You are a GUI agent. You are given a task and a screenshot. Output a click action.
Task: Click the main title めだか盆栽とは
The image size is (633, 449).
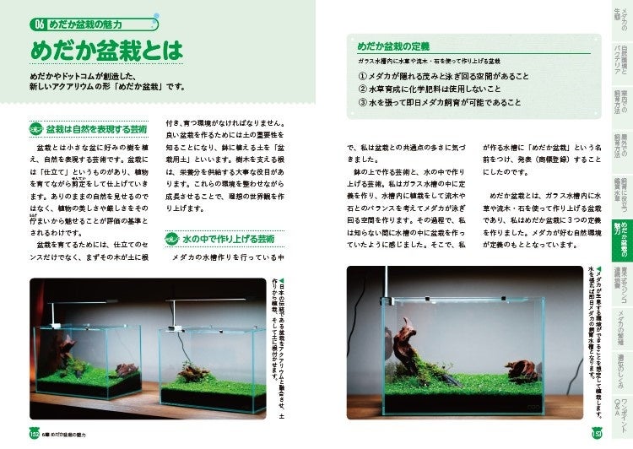[x=105, y=52]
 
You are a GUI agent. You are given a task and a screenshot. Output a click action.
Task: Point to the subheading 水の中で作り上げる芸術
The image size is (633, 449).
[x=231, y=239]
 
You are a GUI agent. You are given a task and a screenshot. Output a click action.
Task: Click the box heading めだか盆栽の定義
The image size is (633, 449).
[x=391, y=47]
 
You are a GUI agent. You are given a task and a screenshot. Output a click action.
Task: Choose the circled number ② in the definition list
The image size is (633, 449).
[x=363, y=88]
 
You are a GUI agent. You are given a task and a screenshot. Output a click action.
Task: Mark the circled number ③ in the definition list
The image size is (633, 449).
[x=363, y=102]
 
